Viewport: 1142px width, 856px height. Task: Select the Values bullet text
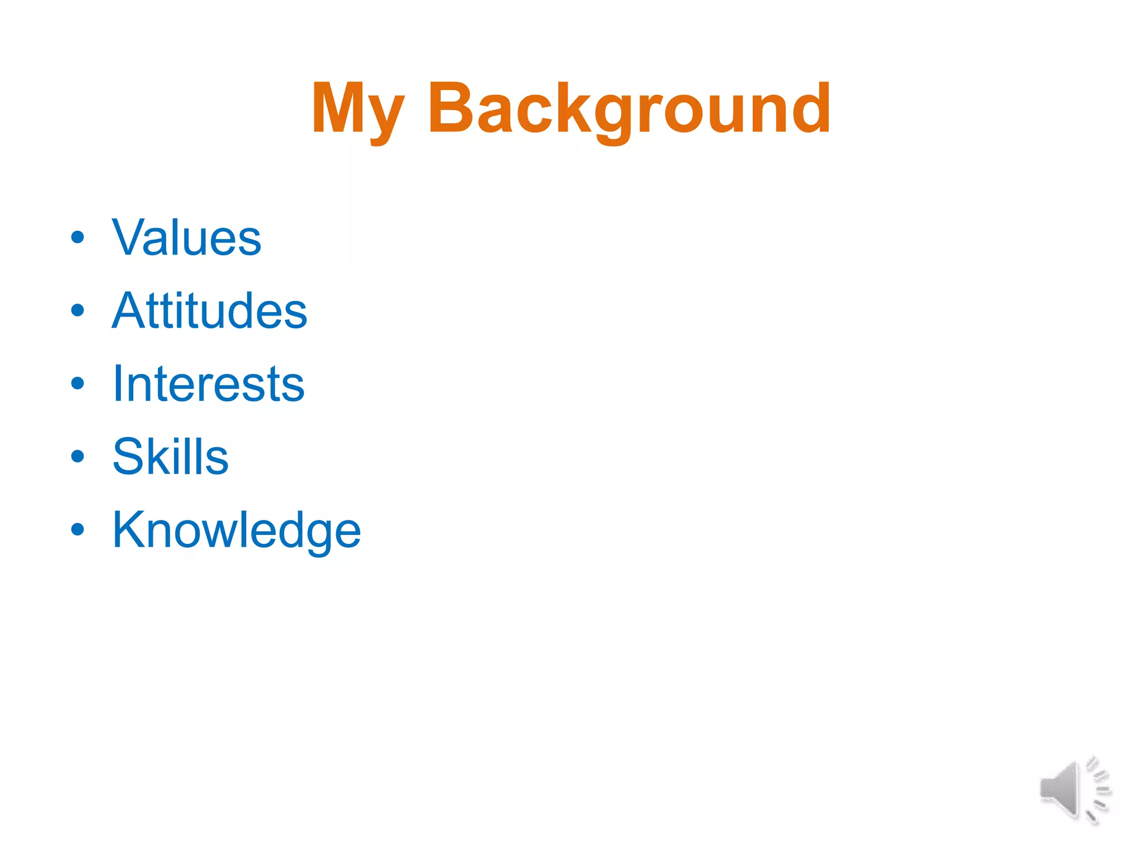186,238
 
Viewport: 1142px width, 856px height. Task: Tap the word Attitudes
210,311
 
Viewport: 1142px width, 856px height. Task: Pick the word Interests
209,384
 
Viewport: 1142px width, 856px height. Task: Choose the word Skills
170,457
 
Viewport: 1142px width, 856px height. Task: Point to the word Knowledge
236,530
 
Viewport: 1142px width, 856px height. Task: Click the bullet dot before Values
78,237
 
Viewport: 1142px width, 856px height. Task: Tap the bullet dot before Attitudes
78,310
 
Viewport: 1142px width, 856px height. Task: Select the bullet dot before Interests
78,383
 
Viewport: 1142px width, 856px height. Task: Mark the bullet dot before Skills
78,456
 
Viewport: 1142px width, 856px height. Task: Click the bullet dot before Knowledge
78,529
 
